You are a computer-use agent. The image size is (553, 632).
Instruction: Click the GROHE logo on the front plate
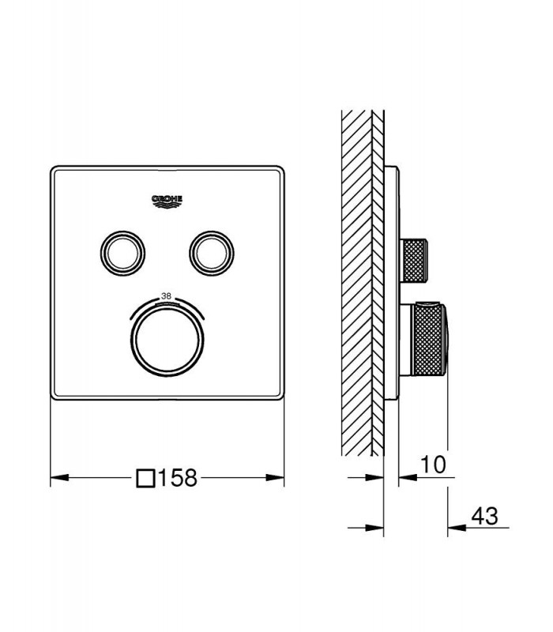pyautogui.click(x=167, y=201)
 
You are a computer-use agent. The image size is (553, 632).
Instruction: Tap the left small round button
pyautogui.click(x=122, y=253)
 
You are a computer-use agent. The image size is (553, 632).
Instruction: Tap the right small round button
pyautogui.click(x=212, y=253)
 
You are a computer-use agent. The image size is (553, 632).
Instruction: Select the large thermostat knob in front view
pyautogui.click(x=167, y=340)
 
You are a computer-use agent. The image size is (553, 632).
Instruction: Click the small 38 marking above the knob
pyautogui.click(x=166, y=295)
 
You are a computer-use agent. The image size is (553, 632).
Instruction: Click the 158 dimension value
pyautogui.click(x=178, y=478)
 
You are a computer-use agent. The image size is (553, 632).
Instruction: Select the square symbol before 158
pyautogui.click(x=145, y=478)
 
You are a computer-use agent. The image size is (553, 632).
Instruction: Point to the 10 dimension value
pyautogui.click(x=433, y=465)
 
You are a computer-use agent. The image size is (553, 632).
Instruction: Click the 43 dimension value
pyautogui.click(x=485, y=516)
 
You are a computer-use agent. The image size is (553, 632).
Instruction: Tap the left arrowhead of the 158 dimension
pyautogui.click(x=59, y=478)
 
